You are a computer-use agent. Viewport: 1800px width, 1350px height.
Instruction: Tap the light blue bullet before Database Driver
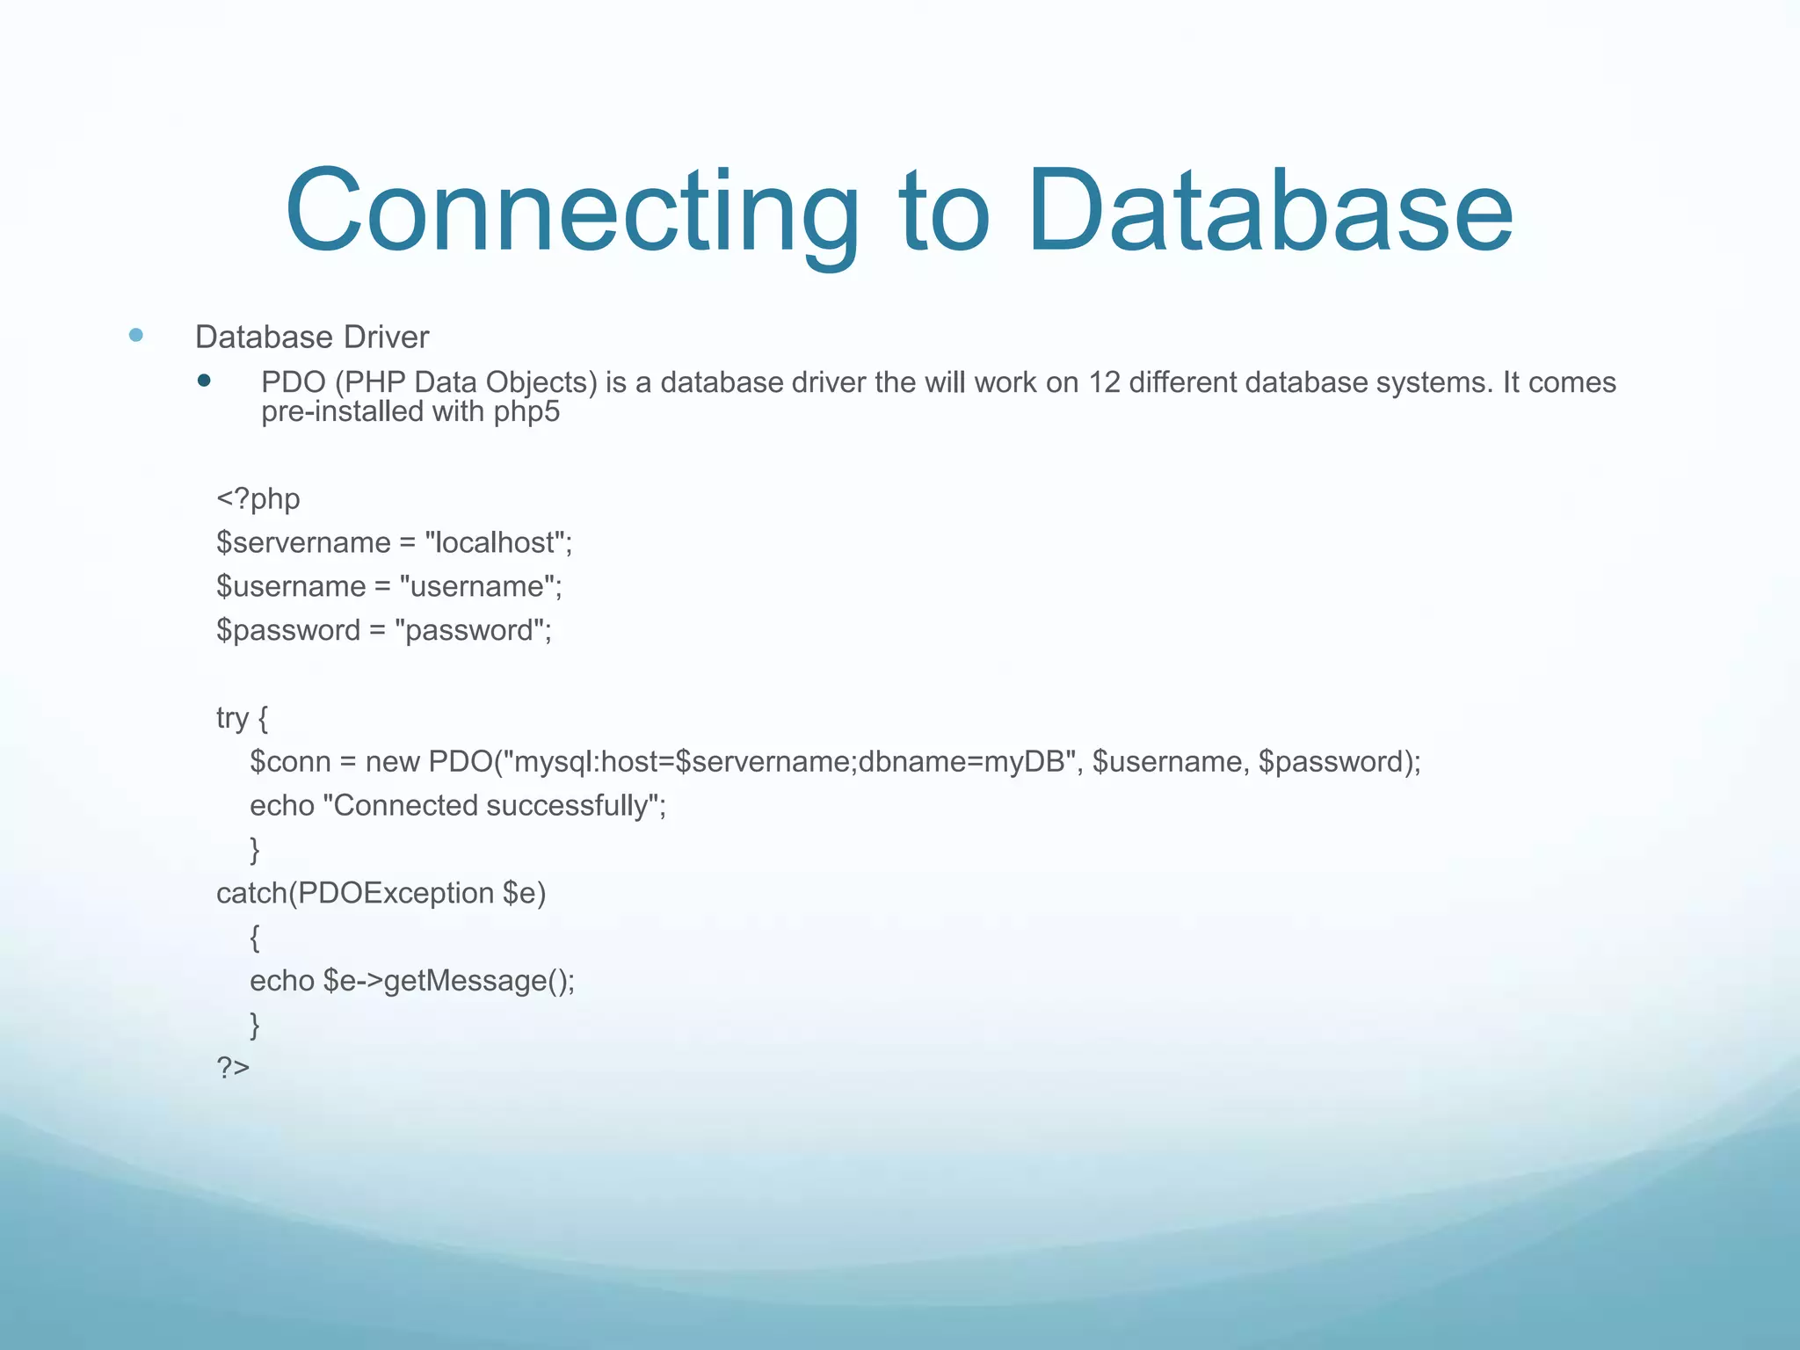pos(135,335)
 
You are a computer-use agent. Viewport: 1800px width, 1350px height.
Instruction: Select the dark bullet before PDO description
pos(204,381)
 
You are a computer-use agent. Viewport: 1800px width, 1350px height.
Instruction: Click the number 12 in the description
pos(1104,382)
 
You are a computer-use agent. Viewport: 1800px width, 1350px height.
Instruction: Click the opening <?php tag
pos(258,499)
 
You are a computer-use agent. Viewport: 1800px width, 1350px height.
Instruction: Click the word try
pos(232,718)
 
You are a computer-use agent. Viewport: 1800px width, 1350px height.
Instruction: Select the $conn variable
pos(290,761)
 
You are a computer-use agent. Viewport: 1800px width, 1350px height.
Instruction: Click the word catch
pos(251,893)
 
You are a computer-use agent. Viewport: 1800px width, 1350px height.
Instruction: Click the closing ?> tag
pos(233,1068)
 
